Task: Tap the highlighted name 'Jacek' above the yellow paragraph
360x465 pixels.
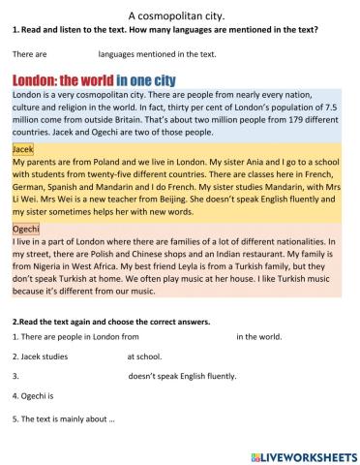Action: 23,150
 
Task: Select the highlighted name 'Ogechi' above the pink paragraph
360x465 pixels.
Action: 26,228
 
